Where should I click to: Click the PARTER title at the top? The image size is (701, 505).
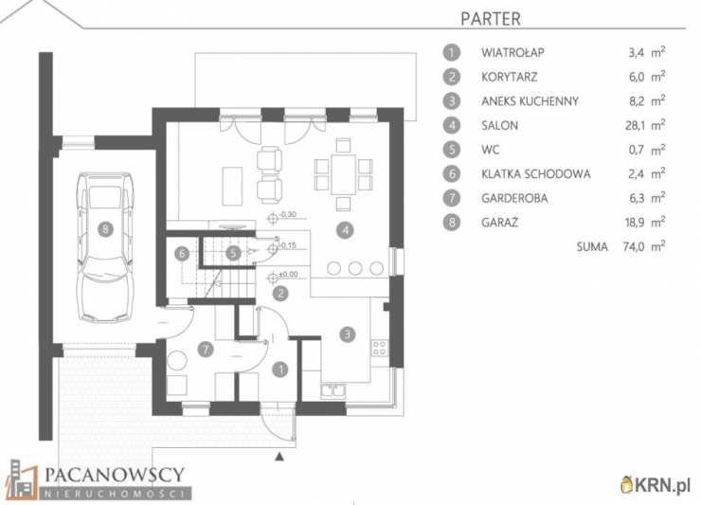click(491, 19)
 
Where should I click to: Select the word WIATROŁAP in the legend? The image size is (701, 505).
click(512, 53)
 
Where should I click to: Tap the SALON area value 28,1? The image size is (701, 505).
click(635, 126)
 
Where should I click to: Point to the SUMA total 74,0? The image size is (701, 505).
click(634, 247)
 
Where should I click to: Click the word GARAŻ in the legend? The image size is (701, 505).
click(499, 223)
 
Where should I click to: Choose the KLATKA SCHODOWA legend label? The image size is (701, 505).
click(535, 174)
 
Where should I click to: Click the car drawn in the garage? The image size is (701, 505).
click(105, 247)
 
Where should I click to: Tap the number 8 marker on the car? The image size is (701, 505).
click(105, 229)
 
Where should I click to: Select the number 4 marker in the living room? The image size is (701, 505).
click(345, 230)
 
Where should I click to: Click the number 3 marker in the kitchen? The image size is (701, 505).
click(347, 334)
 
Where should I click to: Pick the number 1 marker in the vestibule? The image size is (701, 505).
click(280, 370)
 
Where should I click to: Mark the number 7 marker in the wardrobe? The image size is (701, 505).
click(206, 350)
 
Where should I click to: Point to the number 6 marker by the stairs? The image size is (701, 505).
click(182, 254)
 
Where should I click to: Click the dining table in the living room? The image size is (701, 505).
click(343, 174)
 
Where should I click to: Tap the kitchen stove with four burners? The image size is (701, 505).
click(379, 348)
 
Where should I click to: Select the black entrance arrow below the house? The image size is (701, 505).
click(279, 457)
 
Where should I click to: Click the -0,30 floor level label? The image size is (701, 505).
click(288, 215)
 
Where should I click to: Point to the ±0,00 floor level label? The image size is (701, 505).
click(288, 274)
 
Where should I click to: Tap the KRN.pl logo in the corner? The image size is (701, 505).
click(655, 484)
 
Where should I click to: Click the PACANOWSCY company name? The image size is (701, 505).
click(115, 475)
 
